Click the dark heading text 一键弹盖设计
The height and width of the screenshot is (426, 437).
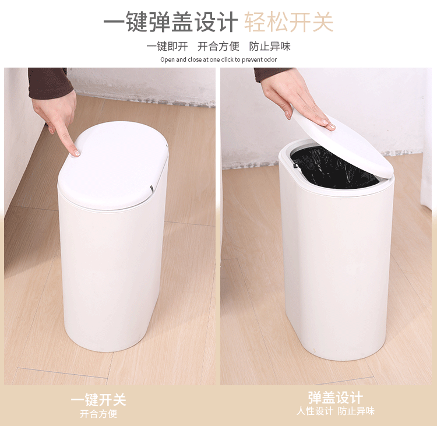(x=170, y=22)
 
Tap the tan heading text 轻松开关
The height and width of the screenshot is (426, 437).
(x=288, y=22)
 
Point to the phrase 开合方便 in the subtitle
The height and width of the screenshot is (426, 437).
(x=218, y=47)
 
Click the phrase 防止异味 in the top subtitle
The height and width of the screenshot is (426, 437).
(x=270, y=47)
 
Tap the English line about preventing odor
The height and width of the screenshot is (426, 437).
(x=218, y=59)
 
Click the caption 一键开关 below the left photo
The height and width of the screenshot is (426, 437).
(x=98, y=400)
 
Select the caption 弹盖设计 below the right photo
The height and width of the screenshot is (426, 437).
(x=335, y=398)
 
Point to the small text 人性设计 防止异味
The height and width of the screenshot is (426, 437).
(x=335, y=411)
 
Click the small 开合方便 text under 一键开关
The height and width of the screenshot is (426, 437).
(x=98, y=414)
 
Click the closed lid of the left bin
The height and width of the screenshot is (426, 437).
(x=114, y=166)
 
